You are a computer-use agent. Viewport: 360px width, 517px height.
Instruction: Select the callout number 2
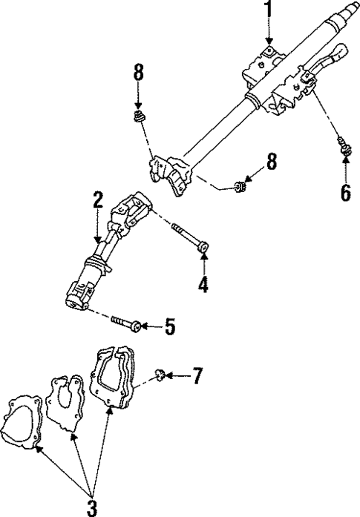click(97, 200)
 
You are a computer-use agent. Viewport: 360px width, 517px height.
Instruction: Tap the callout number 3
click(92, 507)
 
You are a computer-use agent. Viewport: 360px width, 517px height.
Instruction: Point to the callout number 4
click(203, 283)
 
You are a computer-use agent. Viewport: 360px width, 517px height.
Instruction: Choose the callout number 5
click(170, 326)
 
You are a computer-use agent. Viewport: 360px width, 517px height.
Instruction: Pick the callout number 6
click(345, 192)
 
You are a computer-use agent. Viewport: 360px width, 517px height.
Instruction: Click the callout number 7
click(197, 376)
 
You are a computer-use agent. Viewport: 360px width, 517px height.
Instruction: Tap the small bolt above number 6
click(344, 146)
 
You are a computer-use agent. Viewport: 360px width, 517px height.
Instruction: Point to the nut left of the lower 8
click(240, 186)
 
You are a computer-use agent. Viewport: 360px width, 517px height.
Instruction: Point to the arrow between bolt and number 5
click(149, 325)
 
